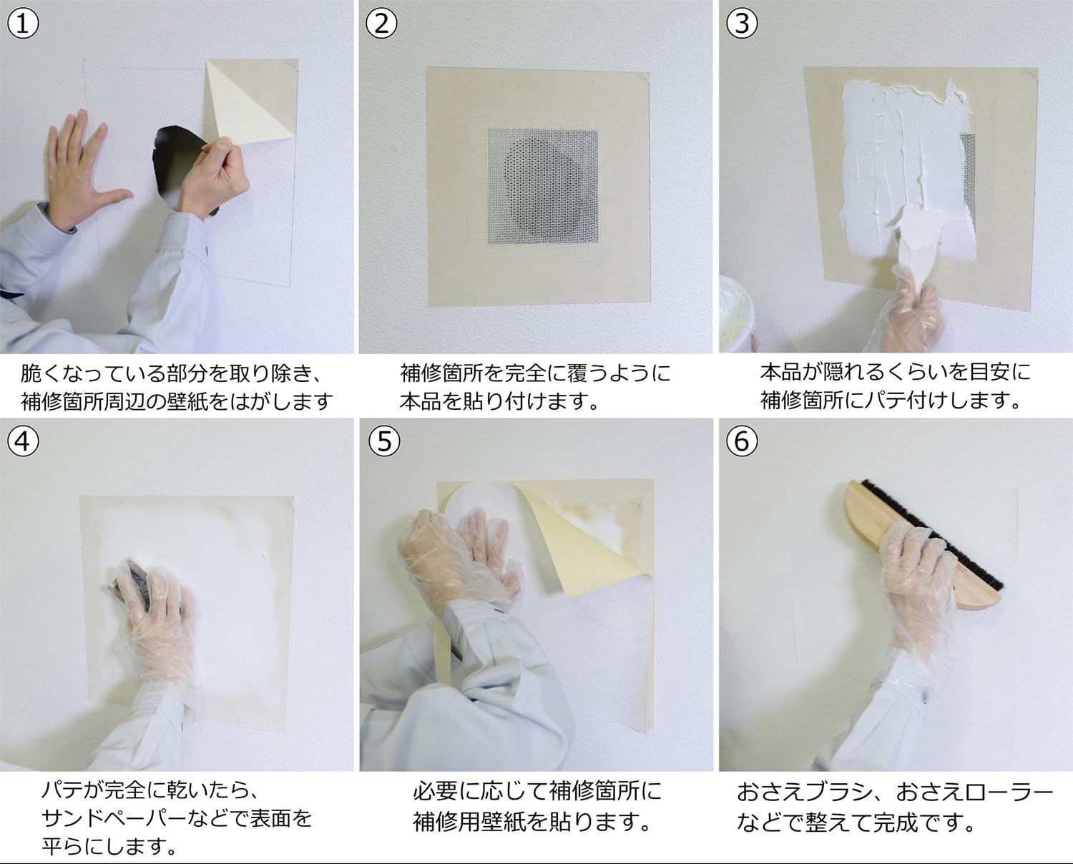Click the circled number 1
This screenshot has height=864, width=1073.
[x=23, y=23]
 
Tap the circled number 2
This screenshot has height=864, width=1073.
[x=381, y=23]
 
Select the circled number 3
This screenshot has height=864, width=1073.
[x=742, y=23]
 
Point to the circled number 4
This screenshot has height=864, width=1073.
[x=23, y=441]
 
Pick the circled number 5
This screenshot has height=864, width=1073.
[x=384, y=441]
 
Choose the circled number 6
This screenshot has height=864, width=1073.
[x=742, y=441]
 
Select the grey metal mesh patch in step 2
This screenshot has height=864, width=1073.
[x=543, y=187]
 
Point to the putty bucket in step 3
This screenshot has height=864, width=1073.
[x=737, y=312]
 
